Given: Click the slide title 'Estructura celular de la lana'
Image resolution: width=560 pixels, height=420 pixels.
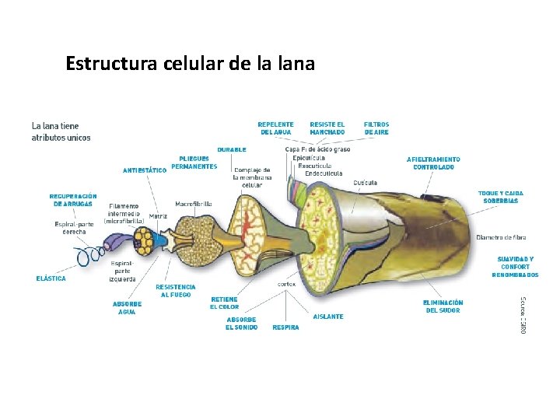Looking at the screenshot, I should [191, 63].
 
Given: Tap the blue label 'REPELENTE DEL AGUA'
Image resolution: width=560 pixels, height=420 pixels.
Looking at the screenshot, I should [275, 128].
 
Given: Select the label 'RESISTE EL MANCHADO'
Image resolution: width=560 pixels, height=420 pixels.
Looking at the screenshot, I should [327, 128].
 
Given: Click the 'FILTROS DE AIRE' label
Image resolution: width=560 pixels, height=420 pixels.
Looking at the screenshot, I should [376, 128].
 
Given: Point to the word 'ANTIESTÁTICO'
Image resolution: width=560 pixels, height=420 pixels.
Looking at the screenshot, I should [145, 170].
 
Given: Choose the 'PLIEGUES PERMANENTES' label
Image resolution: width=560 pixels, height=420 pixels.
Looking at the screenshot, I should [194, 163].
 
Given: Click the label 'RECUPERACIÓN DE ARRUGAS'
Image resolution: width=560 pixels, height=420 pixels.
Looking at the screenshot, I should [73, 200].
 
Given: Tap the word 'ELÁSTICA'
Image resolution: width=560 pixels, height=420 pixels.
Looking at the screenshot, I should [51, 278].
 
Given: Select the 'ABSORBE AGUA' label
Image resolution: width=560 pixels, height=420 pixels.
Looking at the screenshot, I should [127, 308].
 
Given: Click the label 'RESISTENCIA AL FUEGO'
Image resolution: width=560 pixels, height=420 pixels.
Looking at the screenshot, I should [176, 291].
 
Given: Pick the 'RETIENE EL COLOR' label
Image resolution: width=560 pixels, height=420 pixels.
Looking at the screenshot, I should [224, 303].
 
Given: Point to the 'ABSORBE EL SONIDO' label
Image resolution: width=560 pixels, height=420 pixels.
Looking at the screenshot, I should [241, 324].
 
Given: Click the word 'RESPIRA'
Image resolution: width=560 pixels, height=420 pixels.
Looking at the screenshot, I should [285, 327].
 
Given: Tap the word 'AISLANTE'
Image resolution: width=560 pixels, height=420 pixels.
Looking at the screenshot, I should [327, 317].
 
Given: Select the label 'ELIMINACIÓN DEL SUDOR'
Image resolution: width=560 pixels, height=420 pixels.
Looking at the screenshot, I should [443, 306].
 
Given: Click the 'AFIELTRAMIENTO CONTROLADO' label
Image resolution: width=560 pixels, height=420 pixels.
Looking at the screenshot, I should [433, 163].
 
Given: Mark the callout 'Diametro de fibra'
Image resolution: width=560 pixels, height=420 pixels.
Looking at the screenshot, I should [501, 237].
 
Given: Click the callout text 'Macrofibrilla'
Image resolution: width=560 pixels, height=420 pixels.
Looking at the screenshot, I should [194, 204].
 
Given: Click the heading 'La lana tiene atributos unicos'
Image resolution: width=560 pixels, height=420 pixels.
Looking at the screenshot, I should [61, 131].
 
